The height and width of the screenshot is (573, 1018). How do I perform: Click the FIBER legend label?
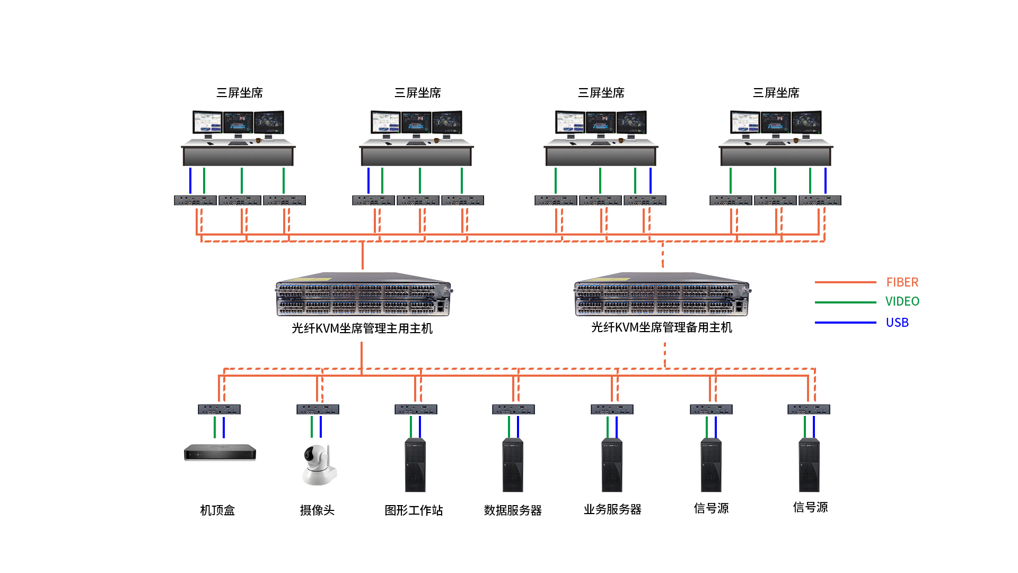tap(902, 282)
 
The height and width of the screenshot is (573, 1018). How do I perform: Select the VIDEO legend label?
tap(902, 301)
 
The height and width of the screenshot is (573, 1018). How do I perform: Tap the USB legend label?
tap(897, 323)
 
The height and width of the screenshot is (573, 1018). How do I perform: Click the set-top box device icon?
tap(220, 453)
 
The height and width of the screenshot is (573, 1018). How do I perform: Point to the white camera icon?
tap(319, 464)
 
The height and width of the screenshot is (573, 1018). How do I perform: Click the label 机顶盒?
tap(217, 510)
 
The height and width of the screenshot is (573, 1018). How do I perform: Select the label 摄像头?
tap(317, 510)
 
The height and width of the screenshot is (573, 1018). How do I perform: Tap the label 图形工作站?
tap(414, 510)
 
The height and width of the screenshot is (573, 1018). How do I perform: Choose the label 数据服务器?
tap(513, 510)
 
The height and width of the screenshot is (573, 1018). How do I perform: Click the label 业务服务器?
tap(612, 509)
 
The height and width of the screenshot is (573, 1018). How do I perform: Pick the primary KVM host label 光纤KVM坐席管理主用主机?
tap(362, 328)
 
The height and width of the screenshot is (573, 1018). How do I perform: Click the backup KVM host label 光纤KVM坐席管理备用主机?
tap(662, 327)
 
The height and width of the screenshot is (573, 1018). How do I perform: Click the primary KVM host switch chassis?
tap(363, 295)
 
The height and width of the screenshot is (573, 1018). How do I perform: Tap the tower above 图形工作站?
tap(415, 465)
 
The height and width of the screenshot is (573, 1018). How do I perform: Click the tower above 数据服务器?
tap(513, 465)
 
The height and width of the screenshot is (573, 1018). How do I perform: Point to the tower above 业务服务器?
tap(612, 465)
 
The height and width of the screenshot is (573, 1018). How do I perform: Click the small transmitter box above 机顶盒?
tap(219, 410)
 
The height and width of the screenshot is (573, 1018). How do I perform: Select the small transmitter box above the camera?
tap(318, 410)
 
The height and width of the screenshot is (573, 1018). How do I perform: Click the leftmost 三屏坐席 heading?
tap(240, 93)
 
